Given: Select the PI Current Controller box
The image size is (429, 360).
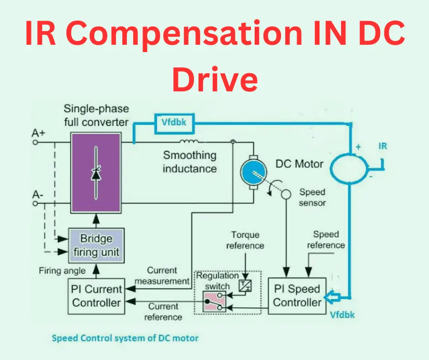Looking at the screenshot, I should pyautogui.click(x=97, y=296).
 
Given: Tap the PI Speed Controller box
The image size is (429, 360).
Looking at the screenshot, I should pyautogui.click(x=297, y=296).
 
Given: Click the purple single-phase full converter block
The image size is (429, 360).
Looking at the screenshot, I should pyautogui.click(x=96, y=173).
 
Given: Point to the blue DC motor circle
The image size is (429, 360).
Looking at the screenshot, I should pyautogui.click(x=252, y=172).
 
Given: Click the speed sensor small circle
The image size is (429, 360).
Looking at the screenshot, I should pyautogui.click(x=286, y=194).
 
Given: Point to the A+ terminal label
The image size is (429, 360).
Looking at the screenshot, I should pyautogui.click(x=39, y=133).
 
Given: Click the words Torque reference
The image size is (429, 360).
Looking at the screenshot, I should pyautogui.click(x=245, y=240).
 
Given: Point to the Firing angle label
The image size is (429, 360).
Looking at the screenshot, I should pyautogui.click(x=62, y=270).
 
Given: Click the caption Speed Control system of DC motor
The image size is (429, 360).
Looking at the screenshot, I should pyautogui.click(x=125, y=339).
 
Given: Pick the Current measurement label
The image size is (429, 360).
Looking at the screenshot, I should pyautogui.click(x=162, y=276).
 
